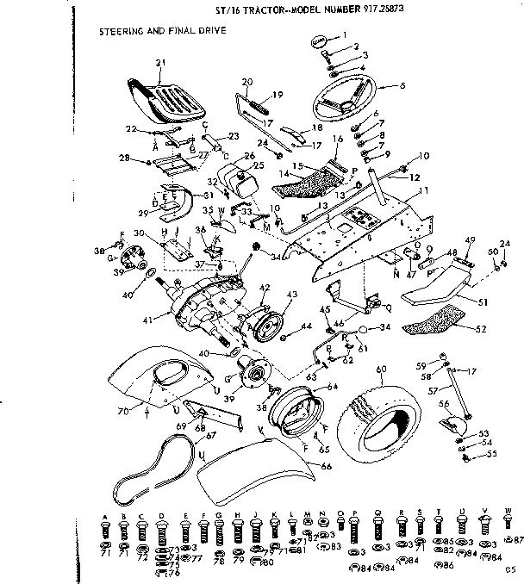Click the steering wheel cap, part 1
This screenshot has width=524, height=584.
click(319, 42)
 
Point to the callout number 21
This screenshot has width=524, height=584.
click(159, 63)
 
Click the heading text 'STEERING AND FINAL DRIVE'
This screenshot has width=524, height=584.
click(164, 31)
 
